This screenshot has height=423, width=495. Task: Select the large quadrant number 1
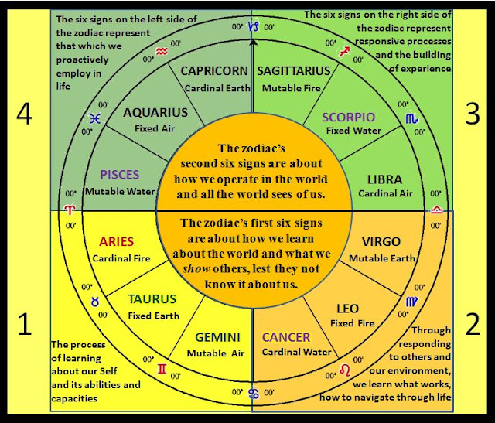[25, 324]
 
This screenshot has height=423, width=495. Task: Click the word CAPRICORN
[214, 71]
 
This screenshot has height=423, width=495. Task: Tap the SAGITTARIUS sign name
[293, 71]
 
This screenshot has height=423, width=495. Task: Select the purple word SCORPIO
[350, 117]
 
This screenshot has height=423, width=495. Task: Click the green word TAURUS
[152, 299]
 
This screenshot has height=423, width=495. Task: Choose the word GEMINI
[217, 337]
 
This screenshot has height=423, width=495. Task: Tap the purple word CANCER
[286, 337]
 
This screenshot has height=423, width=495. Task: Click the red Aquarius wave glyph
[161, 53]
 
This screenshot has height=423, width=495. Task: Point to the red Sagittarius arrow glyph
[345, 51]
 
